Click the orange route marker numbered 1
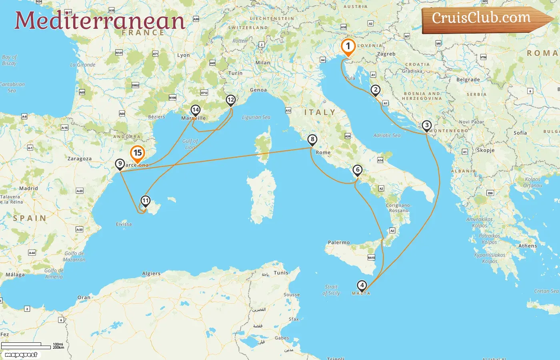[x=348, y=46]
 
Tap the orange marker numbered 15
[x=138, y=153]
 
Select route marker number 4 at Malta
[x=362, y=286]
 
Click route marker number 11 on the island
[x=145, y=201]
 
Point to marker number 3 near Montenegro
[x=427, y=126]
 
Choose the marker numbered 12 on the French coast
[x=230, y=100]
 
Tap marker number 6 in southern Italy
[x=358, y=170]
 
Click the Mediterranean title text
[x=100, y=21]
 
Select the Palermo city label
[x=339, y=242]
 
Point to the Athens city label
[x=528, y=246]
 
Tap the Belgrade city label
[x=468, y=80]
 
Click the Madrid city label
[x=28, y=188]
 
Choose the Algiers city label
[x=151, y=274]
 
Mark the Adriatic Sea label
[x=387, y=136]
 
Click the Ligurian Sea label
[x=256, y=117]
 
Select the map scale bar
[x=26, y=346]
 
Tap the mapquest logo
[x=21, y=355]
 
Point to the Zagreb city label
[x=386, y=54]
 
